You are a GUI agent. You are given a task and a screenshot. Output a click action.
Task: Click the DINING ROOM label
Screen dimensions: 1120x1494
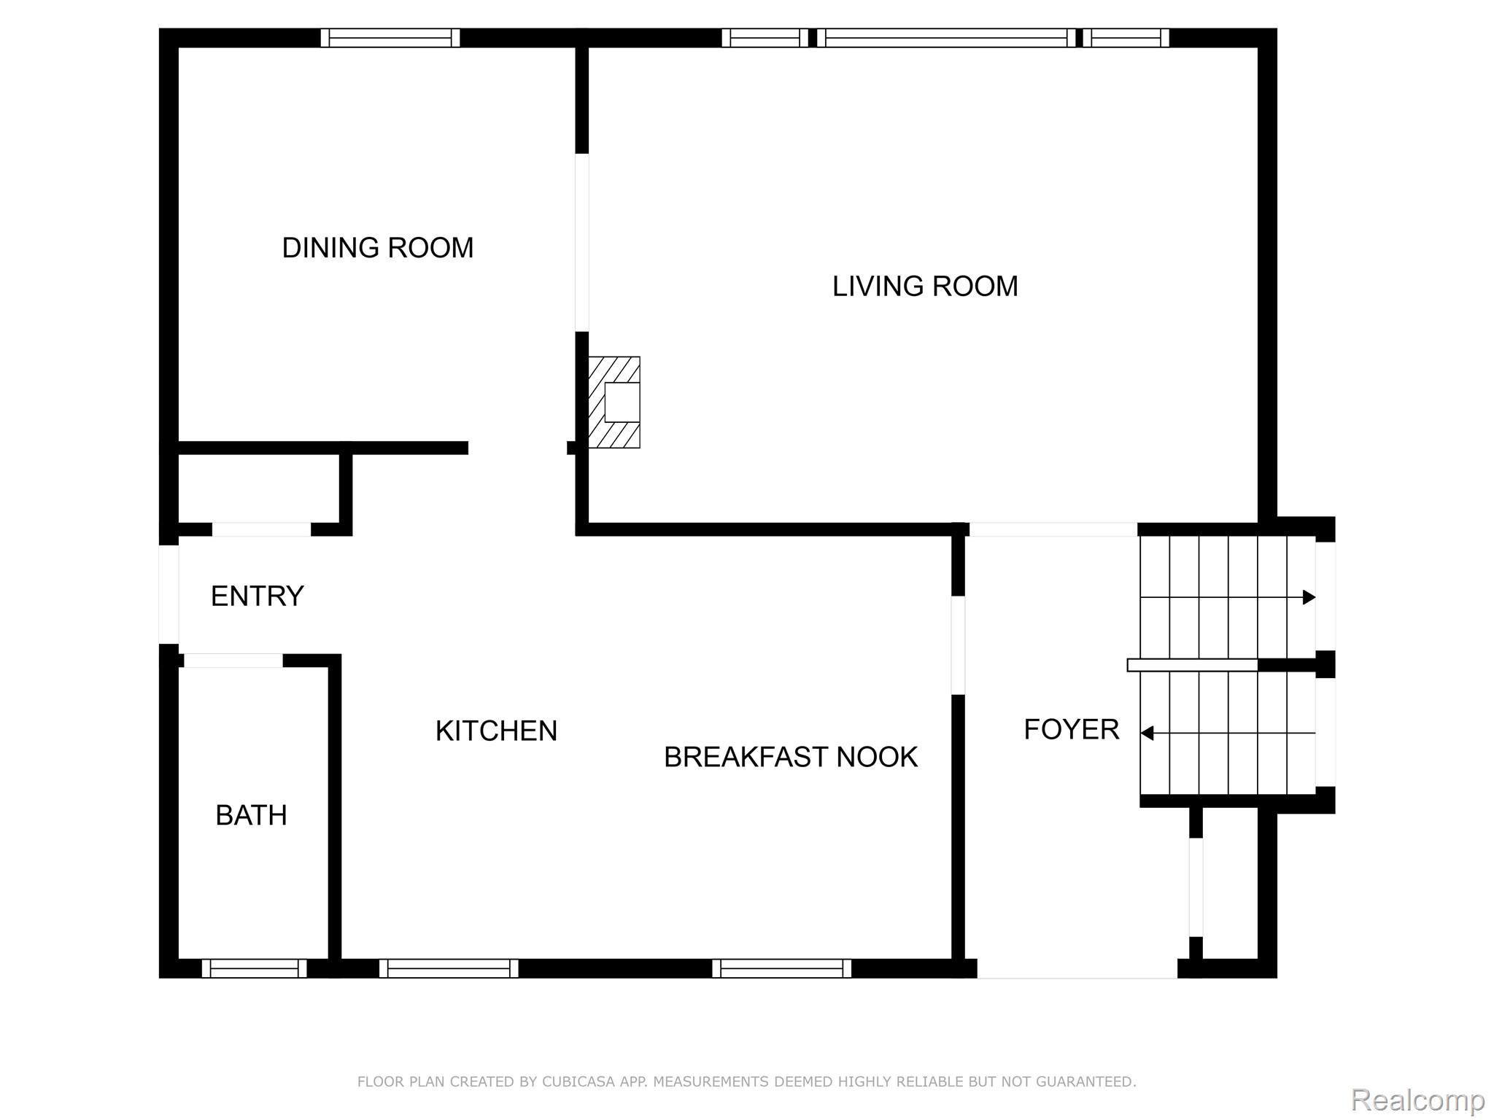click(378, 248)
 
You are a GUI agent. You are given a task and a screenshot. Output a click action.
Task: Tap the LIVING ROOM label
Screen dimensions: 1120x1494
click(925, 287)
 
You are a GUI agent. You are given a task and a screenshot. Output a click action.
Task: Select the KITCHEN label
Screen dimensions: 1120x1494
click(496, 731)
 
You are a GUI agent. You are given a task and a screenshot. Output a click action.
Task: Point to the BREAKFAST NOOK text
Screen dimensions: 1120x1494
click(790, 758)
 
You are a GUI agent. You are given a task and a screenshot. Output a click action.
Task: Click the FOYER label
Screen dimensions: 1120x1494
click(1071, 729)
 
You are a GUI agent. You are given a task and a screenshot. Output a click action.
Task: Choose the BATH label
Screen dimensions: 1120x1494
click(251, 815)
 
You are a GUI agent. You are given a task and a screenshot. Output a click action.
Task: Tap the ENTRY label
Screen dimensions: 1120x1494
click(257, 596)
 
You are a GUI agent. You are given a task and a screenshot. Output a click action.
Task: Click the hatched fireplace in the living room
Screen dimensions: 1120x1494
click(614, 402)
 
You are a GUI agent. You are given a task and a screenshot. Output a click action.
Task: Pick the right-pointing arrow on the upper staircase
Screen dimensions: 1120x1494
click(1309, 598)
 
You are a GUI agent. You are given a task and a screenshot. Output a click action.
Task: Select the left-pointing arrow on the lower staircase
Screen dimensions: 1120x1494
click(1147, 733)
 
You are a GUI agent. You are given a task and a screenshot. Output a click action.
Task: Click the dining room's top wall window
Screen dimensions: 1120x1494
click(390, 38)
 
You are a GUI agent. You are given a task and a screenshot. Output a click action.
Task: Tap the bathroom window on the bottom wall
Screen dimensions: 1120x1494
click(254, 968)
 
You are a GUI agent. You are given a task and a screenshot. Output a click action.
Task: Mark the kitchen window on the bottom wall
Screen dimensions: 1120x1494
click(449, 968)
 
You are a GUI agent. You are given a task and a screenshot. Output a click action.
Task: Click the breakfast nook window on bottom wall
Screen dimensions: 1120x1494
click(781, 968)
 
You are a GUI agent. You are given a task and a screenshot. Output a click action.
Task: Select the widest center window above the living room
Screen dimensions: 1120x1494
click(945, 38)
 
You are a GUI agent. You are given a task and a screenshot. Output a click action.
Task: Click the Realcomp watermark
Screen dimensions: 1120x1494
click(1417, 1100)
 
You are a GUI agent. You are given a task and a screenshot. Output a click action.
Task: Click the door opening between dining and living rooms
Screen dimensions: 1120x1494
click(581, 243)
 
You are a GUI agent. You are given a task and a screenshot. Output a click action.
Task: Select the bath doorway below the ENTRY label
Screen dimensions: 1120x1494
click(233, 661)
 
